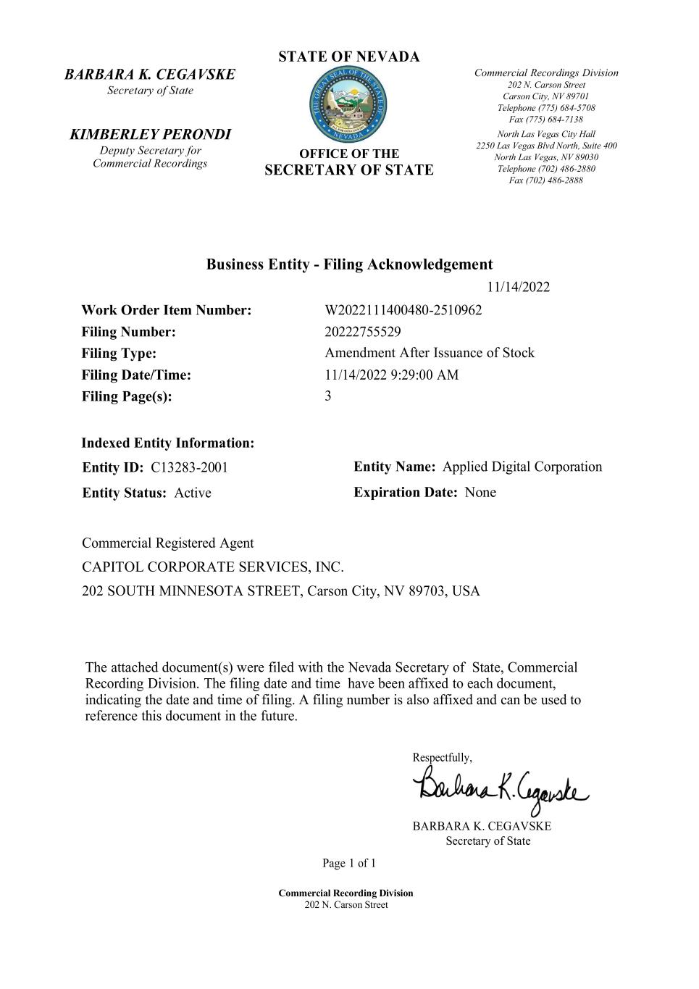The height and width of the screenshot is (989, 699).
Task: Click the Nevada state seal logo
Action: tap(348, 105)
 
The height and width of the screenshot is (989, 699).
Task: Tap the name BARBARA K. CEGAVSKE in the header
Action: tap(150, 75)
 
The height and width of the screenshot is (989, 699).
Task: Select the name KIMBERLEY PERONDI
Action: tap(150, 135)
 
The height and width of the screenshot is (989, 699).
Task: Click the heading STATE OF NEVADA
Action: tap(348, 57)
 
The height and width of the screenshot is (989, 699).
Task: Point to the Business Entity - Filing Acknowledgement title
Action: tap(349, 264)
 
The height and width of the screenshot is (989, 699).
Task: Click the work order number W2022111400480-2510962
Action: tap(403, 311)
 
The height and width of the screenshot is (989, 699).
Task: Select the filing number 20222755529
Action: tap(363, 332)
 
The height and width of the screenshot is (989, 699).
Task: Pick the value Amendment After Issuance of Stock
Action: tap(430, 353)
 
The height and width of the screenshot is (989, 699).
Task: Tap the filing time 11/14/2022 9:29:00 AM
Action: tap(391, 375)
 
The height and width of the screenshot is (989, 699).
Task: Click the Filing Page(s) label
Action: tap(127, 396)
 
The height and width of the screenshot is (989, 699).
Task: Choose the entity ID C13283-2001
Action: tap(189, 467)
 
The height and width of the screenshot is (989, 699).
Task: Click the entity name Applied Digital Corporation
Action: tap(522, 467)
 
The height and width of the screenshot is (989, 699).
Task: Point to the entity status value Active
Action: tap(193, 493)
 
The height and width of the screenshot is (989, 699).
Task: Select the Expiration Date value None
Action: tap(480, 493)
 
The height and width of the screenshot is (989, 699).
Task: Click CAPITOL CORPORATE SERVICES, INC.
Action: tap(213, 567)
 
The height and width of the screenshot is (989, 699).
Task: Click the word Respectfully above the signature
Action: tap(442, 758)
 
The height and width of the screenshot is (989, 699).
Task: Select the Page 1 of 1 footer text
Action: tap(349, 864)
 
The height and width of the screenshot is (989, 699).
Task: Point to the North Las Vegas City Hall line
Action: tap(546, 134)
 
